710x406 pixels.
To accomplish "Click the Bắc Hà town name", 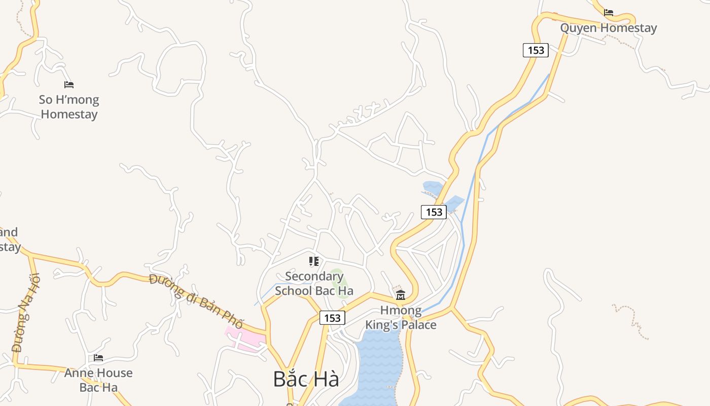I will (306, 379).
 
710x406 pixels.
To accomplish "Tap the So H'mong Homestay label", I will (69, 107).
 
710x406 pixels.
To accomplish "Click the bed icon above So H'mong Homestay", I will (69, 85).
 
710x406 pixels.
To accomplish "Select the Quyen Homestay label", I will (608, 28).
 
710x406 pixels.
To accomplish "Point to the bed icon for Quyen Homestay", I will (609, 13).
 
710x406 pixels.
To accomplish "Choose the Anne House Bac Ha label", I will (98, 380).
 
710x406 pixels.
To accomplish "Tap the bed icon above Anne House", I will (98, 358).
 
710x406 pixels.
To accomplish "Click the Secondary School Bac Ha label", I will (314, 284).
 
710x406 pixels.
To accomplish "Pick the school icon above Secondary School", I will (314, 261).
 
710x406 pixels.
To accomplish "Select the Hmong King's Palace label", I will (401, 317).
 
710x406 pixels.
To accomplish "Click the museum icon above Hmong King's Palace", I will (401, 295).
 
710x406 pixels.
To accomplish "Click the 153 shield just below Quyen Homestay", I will (536, 50).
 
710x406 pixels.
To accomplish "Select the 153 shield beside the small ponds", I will (434, 212).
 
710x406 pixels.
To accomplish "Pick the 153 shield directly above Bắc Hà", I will (332, 318).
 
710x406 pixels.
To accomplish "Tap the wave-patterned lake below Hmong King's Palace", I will (378, 365).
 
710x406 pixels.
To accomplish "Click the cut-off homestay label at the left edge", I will (10, 240).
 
